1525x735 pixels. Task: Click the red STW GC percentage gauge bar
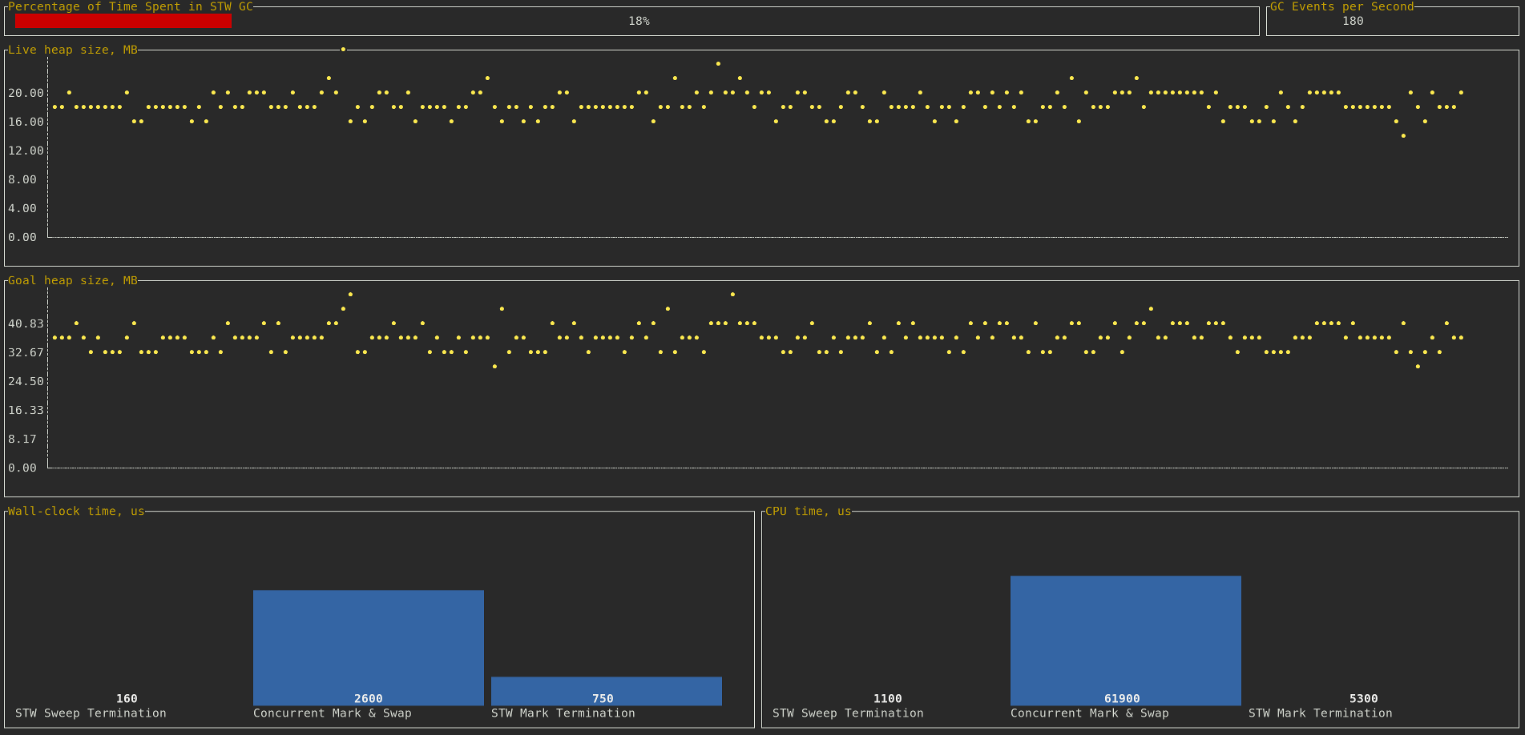(x=123, y=21)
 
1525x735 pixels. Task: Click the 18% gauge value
(x=639, y=21)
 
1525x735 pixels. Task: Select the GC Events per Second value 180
(x=1353, y=21)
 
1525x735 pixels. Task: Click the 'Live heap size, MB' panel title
(x=73, y=50)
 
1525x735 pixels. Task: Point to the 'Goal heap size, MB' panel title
(x=73, y=280)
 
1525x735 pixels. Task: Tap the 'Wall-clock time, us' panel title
(x=76, y=511)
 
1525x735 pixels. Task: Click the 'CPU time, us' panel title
(x=808, y=511)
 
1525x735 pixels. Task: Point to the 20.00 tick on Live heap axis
(x=26, y=93)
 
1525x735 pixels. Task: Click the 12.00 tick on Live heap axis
(x=26, y=151)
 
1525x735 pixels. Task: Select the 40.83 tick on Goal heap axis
(x=26, y=323)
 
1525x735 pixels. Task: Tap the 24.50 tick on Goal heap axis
(x=26, y=381)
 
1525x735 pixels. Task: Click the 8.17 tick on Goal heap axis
(x=22, y=439)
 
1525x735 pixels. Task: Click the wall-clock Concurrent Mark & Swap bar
(x=368, y=641)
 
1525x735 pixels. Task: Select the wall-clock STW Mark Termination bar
(x=606, y=689)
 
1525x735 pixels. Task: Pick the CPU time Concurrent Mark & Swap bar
(x=1125, y=633)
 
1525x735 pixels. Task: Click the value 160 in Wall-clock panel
(x=127, y=699)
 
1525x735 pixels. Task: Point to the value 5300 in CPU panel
(x=1363, y=699)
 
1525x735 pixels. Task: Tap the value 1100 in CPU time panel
(x=887, y=699)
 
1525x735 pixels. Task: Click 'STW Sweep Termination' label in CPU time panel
(x=848, y=713)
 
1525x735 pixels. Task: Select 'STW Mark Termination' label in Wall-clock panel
(x=563, y=713)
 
